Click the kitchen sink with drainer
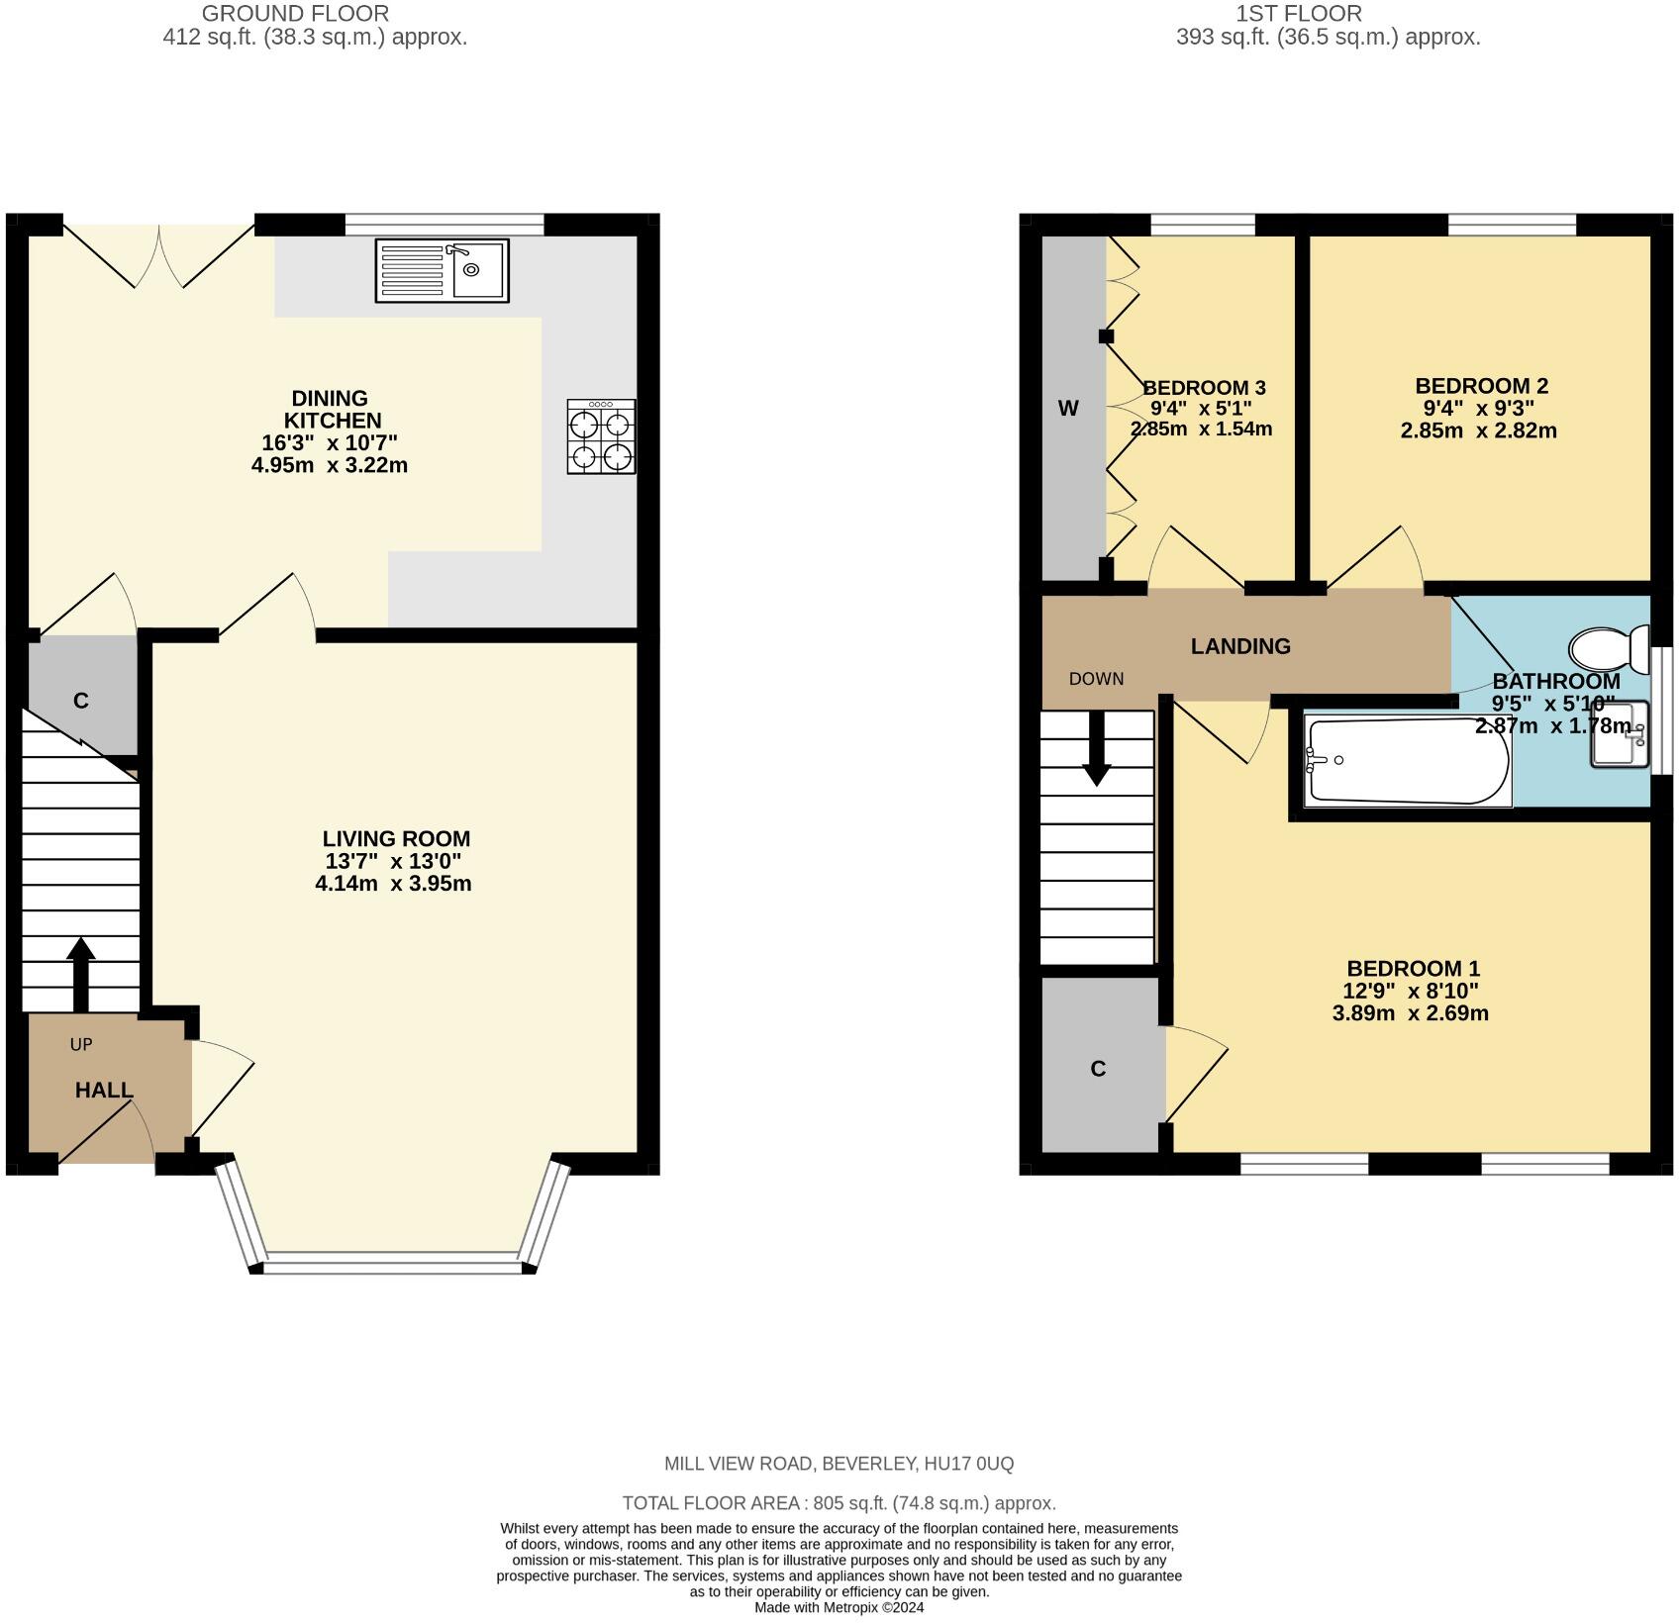(442, 270)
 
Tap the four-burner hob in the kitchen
(601, 436)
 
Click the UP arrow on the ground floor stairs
(80, 974)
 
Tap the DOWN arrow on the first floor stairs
(1096, 748)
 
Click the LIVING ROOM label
(396, 839)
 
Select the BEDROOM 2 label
(1481, 386)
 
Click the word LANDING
(1240, 646)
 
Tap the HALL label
(104, 1090)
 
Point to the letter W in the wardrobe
(1068, 408)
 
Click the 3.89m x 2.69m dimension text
(1411, 1013)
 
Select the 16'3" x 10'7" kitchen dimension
(330, 442)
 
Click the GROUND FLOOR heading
(295, 14)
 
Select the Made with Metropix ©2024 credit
(839, 1608)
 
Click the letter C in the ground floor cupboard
(81, 701)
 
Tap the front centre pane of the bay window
(392, 1261)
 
